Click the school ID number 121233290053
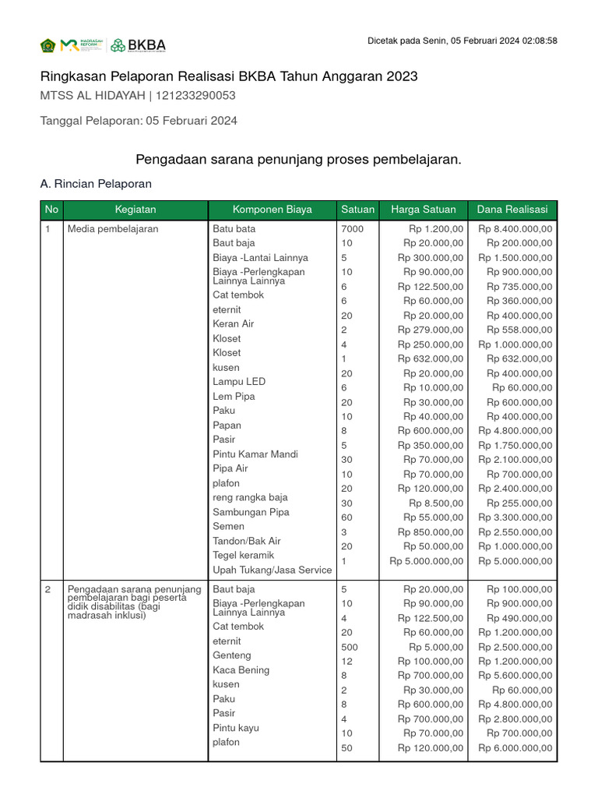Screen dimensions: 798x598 coord(196,96)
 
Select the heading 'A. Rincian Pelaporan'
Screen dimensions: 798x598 coord(96,184)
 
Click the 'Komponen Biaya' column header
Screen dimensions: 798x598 coord(272,210)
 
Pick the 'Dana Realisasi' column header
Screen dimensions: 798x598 coord(512,210)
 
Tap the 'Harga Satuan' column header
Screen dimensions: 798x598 coord(423,210)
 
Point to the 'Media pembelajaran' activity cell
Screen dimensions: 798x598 coord(113,229)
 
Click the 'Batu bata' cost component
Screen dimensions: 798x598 coord(234,229)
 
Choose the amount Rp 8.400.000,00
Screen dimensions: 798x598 coord(515,229)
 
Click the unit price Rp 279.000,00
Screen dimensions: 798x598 coord(431,330)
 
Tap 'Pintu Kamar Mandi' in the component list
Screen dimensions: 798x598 coord(255,454)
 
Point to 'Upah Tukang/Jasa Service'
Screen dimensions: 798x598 coord(272,570)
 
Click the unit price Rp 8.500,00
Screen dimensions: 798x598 coord(436,503)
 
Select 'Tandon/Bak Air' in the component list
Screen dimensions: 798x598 coord(247,541)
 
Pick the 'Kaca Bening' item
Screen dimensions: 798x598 coord(241,670)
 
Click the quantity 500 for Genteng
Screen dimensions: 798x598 coord(350,647)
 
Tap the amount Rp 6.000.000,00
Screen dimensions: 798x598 coord(515,748)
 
